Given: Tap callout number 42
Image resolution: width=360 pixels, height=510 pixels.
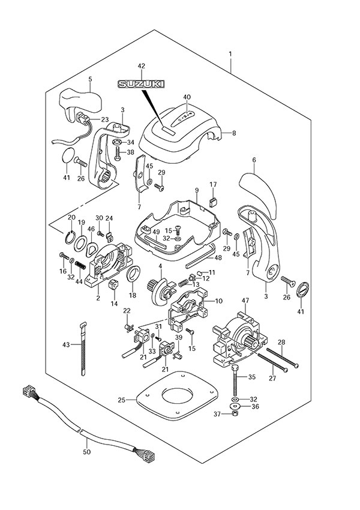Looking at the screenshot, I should click(142, 66).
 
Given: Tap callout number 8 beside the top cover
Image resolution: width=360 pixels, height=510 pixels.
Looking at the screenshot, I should click(234, 134).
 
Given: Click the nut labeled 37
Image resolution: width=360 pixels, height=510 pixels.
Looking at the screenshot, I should click(235, 415).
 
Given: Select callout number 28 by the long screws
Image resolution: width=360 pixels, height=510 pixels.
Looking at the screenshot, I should click(281, 342).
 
